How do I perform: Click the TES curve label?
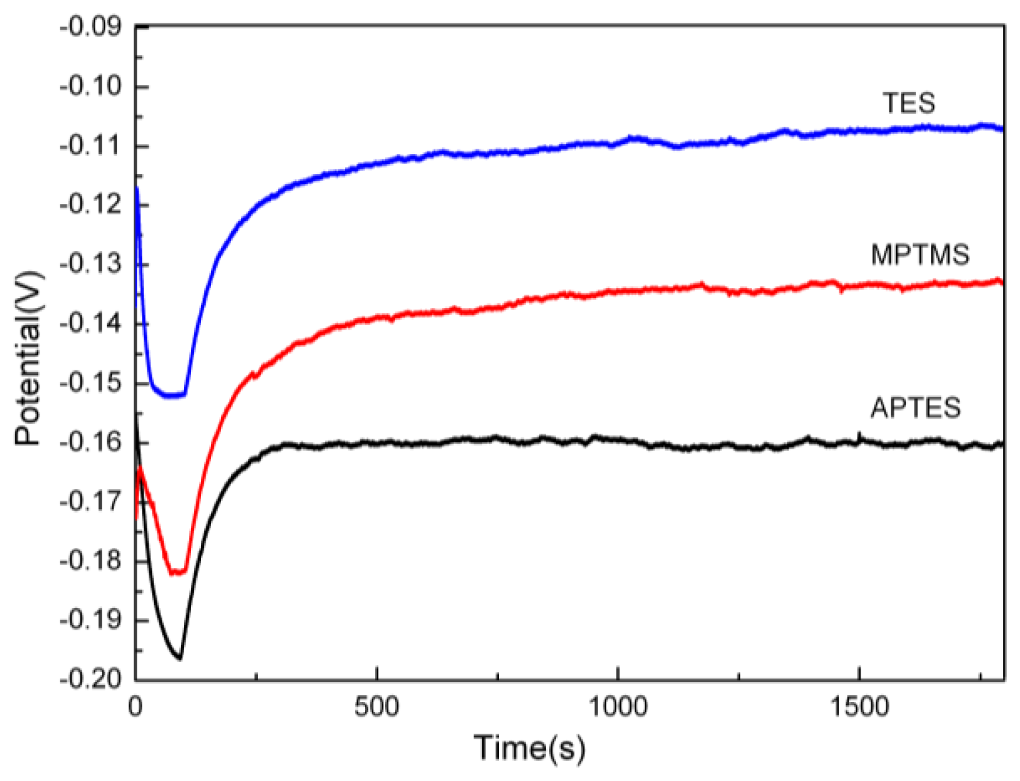tap(908, 103)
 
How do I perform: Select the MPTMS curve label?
tap(920, 255)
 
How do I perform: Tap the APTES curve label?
tap(916, 408)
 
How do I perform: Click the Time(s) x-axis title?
tap(529, 748)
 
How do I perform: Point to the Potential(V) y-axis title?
tap(28, 358)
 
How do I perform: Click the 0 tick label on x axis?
tap(136, 707)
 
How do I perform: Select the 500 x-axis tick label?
tap(376, 707)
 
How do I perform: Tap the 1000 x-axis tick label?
tap(617, 707)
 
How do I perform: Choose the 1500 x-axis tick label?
tap(859, 707)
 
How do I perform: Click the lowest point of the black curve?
tap(179, 658)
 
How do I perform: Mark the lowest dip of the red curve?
tap(177, 572)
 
